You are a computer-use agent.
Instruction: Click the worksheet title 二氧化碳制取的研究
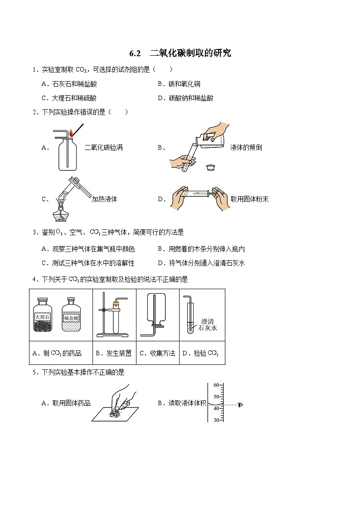pyautogui.click(x=190, y=53)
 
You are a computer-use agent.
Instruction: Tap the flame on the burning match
pyautogui.click(x=71, y=133)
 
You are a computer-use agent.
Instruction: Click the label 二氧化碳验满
pyautogui.click(x=104, y=147)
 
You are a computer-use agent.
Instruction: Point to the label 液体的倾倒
pyautogui.click(x=246, y=147)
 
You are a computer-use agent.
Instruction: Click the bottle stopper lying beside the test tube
pyautogui.click(x=210, y=167)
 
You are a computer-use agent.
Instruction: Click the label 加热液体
pyautogui.click(x=104, y=199)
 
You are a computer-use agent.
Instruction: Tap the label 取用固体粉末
pyautogui.click(x=249, y=199)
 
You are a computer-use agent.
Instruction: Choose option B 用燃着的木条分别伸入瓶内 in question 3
pyautogui.click(x=206, y=249)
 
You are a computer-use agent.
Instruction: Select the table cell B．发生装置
pyautogui.click(x=114, y=353)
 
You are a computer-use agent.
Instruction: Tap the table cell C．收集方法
pyautogui.click(x=157, y=353)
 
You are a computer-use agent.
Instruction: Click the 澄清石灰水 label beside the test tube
pyautogui.click(x=208, y=324)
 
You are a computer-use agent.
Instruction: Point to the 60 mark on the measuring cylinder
pyautogui.click(x=216, y=385)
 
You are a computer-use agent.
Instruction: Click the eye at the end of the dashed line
pyautogui.click(x=240, y=405)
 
